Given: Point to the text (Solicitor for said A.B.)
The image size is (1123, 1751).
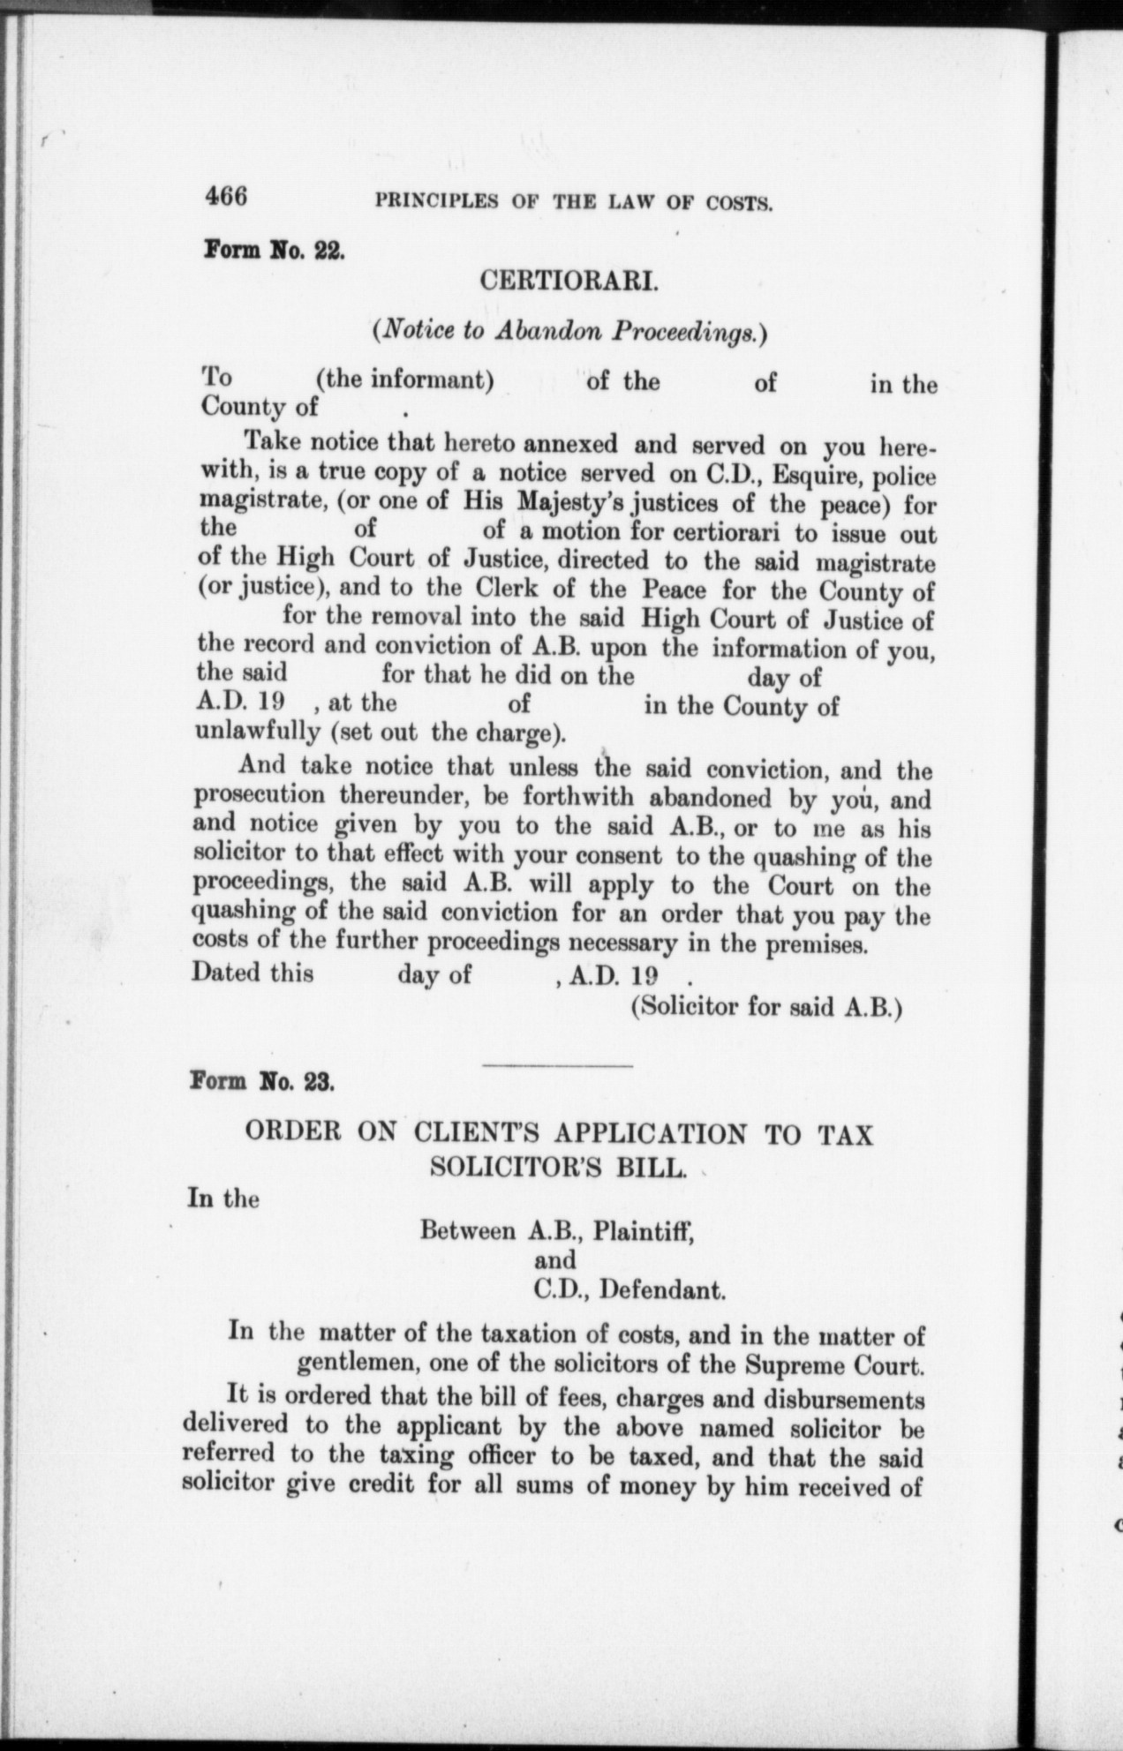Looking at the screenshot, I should [766, 1007].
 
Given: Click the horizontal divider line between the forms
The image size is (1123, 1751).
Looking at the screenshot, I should [558, 1067].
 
